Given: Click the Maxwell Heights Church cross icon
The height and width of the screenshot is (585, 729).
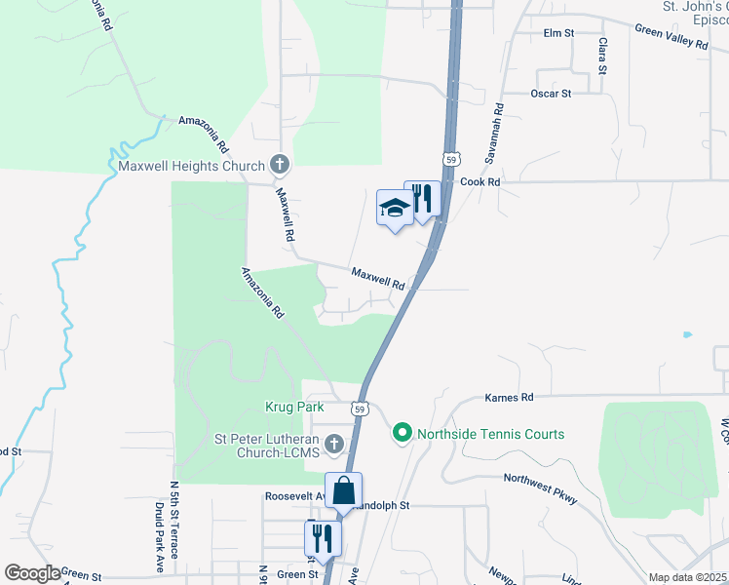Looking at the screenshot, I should coord(280,165).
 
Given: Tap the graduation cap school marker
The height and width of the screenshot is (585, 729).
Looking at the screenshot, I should coord(394,208).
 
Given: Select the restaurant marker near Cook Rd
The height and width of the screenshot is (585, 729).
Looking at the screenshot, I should coord(422,199).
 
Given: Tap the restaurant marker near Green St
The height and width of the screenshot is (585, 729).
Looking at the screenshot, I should coord(323,538).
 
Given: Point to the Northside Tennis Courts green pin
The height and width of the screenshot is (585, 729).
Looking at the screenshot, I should coord(401,433).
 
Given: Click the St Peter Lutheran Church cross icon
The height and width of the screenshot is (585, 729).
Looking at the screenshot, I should coord(334,446).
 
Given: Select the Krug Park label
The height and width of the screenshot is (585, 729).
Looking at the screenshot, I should coord(293,407).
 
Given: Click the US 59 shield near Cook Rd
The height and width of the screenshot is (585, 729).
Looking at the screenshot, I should coord(449,158).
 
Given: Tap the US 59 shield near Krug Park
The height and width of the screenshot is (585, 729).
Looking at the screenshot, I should coord(361,409).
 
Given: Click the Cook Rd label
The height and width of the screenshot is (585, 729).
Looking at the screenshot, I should coord(480,181).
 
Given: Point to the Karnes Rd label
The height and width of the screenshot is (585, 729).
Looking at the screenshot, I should coord(510,397).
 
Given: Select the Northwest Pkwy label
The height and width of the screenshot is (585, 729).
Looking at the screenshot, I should coord(541,488).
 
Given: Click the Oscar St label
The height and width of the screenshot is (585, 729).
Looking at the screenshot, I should coord(551,94).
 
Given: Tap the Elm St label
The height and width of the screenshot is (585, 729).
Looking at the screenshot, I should coord(558,33).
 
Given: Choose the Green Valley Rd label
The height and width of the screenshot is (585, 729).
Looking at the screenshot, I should coord(671,37).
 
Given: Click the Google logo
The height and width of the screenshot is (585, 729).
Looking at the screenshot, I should coord(32,573).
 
